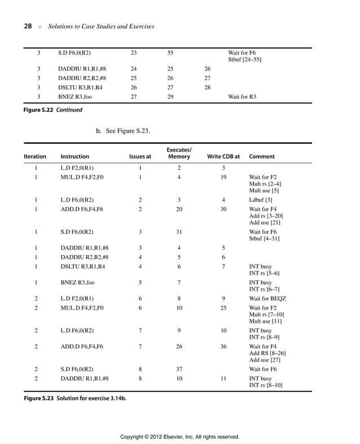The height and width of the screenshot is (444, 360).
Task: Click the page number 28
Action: [x=27, y=27]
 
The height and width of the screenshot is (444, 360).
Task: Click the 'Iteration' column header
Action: [x=35, y=156]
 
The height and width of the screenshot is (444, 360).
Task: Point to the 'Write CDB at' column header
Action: [x=223, y=156]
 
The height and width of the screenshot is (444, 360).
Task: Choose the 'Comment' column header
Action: [x=262, y=156]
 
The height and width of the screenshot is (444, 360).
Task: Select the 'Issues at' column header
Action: [x=140, y=156]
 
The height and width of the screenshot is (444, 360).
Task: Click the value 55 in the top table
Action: [x=170, y=52]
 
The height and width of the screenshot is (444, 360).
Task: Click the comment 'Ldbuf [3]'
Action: [x=261, y=200]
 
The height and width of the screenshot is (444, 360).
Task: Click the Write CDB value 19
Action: [x=223, y=177]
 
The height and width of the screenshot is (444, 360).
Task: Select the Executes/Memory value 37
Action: [x=179, y=369]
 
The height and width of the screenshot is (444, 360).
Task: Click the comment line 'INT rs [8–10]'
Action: [x=266, y=385]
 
